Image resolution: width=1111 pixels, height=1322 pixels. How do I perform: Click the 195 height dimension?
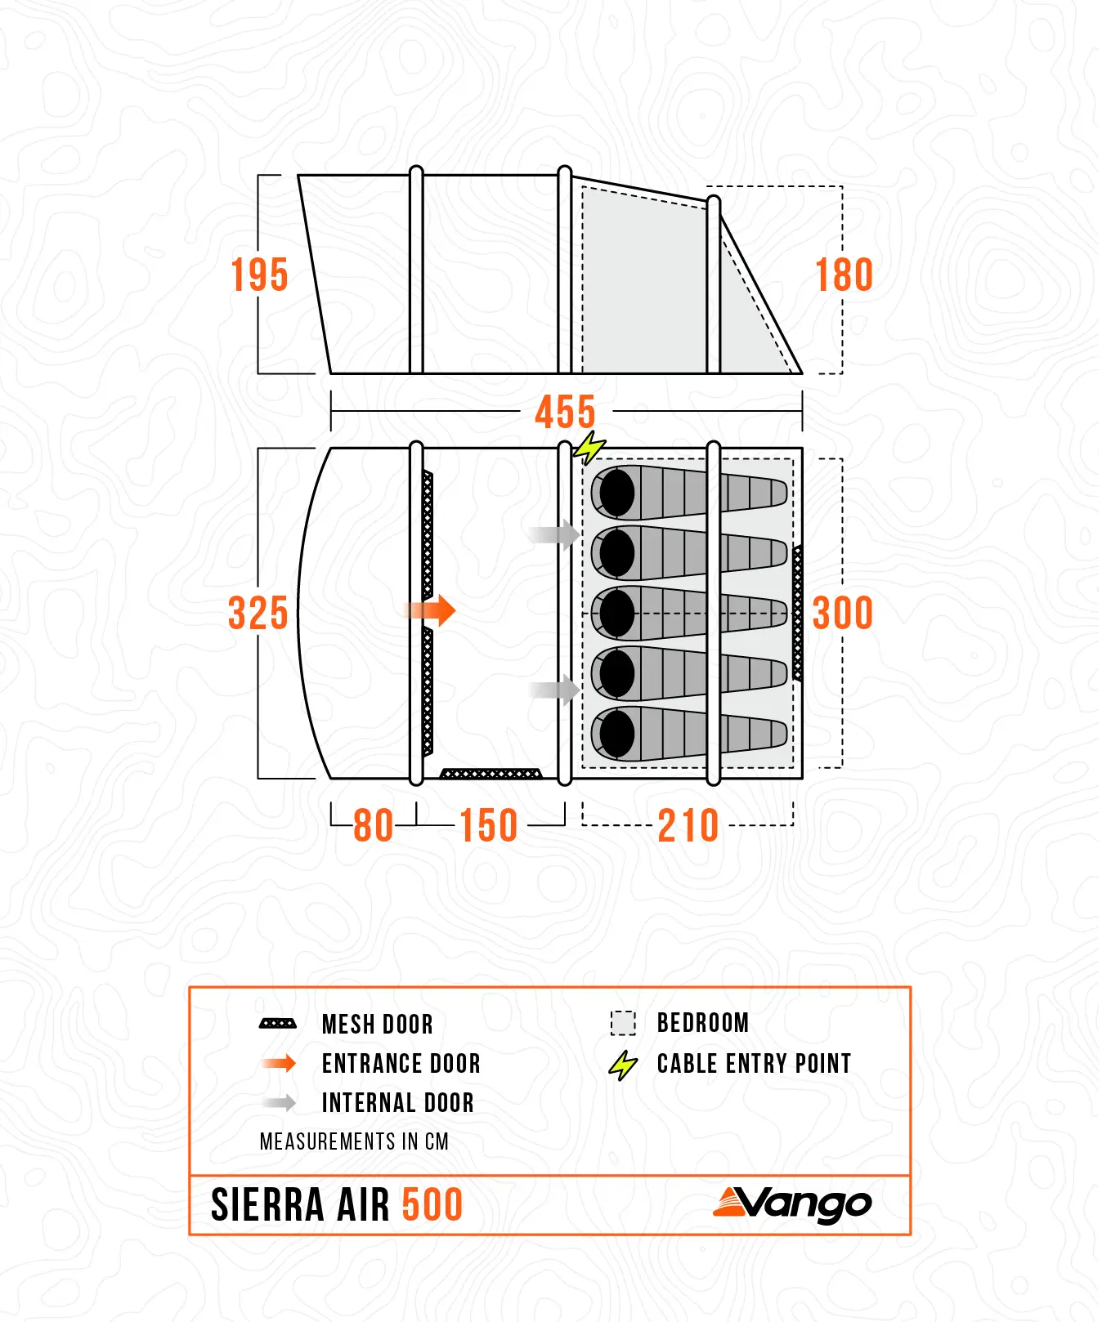click(x=259, y=275)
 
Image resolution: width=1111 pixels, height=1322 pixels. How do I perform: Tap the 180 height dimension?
click(x=844, y=275)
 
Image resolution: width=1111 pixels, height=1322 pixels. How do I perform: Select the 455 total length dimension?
click(x=566, y=412)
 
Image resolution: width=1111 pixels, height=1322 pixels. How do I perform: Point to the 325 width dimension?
click(x=258, y=613)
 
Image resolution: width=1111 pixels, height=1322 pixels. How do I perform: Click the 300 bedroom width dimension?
click(x=843, y=613)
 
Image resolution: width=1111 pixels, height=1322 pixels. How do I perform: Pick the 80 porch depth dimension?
click(x=374, y=825)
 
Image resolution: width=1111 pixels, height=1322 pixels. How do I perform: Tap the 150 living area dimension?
click(x=489, y=825)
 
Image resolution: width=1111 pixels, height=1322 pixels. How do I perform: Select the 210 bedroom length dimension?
click(x=688, y=825)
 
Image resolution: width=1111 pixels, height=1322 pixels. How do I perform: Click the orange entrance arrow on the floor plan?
click(x=430, y=610)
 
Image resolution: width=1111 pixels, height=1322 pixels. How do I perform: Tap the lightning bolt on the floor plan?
click(x=589, y=448)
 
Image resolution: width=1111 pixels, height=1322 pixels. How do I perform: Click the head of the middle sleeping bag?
click(x=617, y=613)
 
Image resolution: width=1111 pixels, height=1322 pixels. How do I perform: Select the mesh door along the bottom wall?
click(x=491, y=773)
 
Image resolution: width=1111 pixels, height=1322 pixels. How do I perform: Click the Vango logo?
click(x=792, y=1204)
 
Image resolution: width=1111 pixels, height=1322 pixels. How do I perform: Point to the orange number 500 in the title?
click(x=432, y=1205)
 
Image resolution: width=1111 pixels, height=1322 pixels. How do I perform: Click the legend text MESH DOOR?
click(x=378, y=1024)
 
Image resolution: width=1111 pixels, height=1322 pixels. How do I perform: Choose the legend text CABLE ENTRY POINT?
click(x=754, y=1063)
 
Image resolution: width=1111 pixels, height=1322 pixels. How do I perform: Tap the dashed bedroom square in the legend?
click(x=623, y=1023)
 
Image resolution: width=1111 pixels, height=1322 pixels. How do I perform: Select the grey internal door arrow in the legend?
click(x=280, y=1103)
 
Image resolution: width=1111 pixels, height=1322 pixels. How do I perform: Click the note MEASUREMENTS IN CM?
click(x=354, y=1141)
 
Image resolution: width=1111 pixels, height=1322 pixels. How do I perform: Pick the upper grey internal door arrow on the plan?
click(x=553, y=535)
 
